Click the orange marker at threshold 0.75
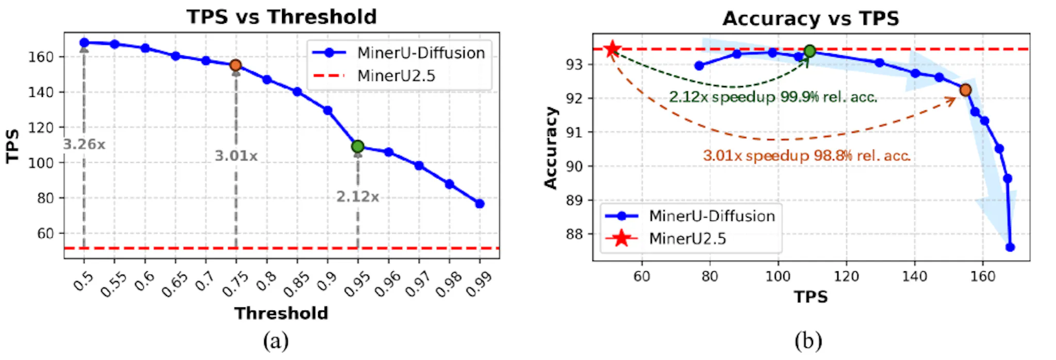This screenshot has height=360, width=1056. coord(236,65)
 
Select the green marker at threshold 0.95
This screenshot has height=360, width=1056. coord(358,146)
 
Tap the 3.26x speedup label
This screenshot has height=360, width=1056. coord(84,144)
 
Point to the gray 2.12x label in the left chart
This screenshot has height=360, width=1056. coord(358,197)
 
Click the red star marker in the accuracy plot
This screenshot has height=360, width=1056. coord(612,50)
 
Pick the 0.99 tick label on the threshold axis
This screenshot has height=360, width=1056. coord(478,284)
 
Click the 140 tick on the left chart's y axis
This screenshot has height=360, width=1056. coord(41,92)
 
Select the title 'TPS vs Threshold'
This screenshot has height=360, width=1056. coord(282,17)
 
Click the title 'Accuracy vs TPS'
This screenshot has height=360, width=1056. coord(811,19)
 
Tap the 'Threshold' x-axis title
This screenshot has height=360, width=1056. coord(282,313)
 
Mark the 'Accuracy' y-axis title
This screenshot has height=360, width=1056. coord(551,148)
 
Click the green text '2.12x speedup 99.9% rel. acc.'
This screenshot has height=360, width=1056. coord(773,97)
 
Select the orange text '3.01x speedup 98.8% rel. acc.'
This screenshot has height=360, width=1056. coord(806,155)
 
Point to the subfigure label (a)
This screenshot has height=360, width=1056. coord(276,341)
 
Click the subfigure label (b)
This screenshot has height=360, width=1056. coord(808,341)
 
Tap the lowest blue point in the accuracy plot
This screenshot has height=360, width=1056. coord(1010,247)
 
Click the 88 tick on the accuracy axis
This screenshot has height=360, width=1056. coord(574,234)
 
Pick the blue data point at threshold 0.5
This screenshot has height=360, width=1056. coord(84,43)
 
